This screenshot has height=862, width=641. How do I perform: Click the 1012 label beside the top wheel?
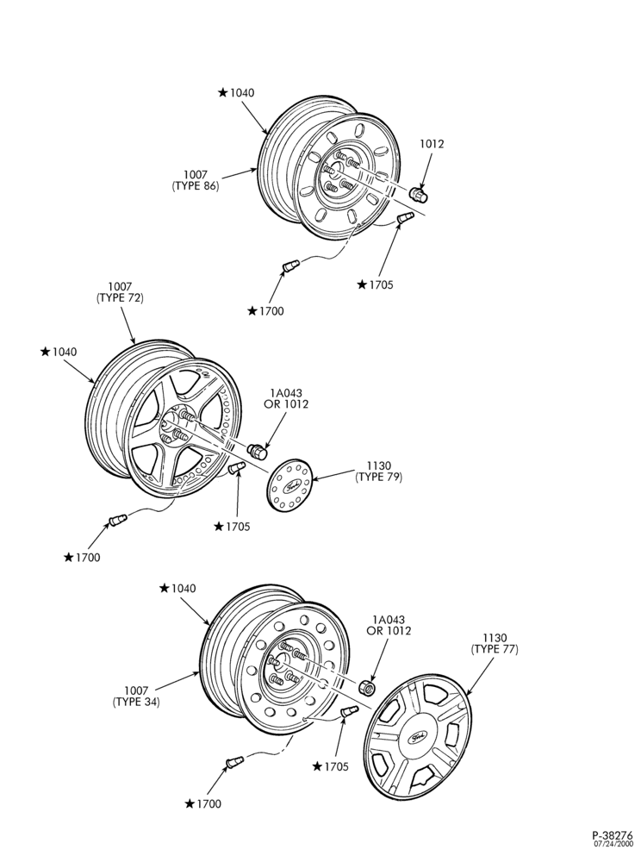(x=432, y=144)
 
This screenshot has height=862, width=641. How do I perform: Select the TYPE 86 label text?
(x=196, y=186)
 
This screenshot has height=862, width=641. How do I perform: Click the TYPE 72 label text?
(x=120, y=298)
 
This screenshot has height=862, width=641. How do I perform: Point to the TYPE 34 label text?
(x=136, y=702)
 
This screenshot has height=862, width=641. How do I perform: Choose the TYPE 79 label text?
(x=379, y=478)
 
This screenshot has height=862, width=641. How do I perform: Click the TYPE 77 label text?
(x=495, y=649)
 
